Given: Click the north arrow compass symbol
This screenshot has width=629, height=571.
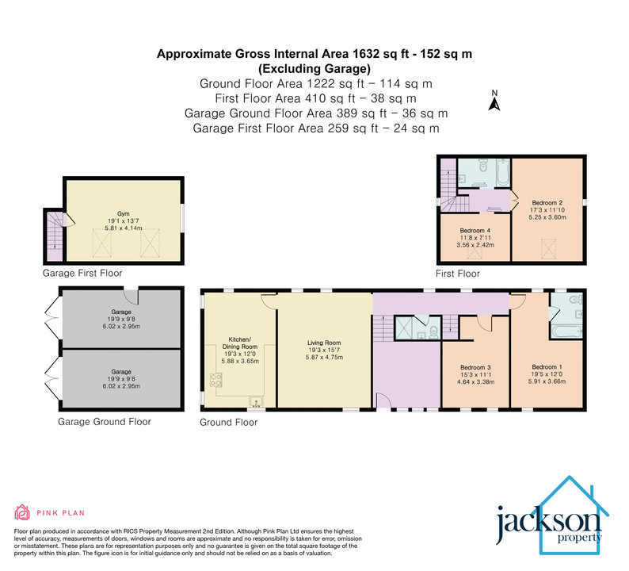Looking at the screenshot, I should pos(494,102).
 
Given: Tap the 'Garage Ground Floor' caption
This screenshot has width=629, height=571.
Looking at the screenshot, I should pos(104,422).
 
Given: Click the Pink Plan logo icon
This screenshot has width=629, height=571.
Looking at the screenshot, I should pos(22,512).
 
